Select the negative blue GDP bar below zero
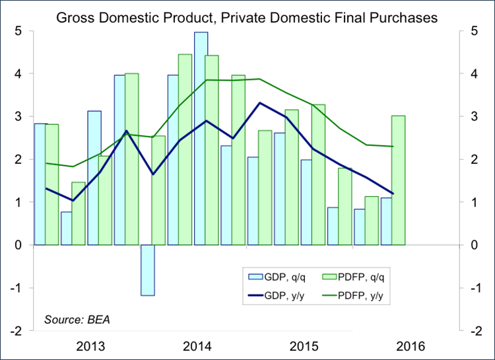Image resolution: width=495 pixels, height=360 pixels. point(147,270)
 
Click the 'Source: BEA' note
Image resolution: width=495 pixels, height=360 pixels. point(77,320)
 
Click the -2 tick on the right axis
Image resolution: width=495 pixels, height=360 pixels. point(474,331)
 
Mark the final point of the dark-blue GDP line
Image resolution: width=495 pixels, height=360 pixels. point(393,194)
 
